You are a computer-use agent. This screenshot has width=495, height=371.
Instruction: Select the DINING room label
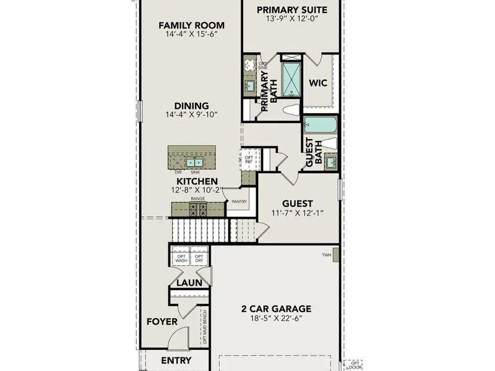[191, 106]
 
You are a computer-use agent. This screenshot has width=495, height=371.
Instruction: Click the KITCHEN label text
[197, 181]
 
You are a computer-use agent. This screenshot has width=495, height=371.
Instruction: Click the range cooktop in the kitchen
[198, 209]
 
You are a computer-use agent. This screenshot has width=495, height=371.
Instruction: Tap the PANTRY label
[239, 202]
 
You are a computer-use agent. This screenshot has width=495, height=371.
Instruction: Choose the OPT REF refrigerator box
[249, 159]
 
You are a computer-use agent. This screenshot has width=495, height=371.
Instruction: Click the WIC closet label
[318, 83]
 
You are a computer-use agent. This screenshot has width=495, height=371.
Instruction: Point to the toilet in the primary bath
[291, 110]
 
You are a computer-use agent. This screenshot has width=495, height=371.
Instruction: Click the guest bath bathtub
[320, 124]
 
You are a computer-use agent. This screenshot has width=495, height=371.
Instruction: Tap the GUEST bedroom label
[297, 203]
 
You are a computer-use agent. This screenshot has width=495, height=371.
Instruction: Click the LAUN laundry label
[190, 283]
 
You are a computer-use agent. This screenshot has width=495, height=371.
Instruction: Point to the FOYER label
[162, 322]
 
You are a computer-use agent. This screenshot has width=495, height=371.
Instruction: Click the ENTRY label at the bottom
[176, 360]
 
